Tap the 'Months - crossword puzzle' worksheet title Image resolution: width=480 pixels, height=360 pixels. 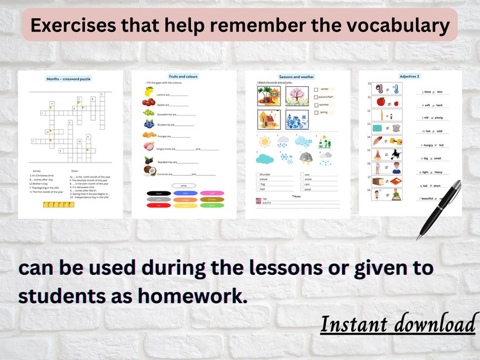(68, 79)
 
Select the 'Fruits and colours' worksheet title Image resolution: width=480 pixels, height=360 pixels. (183, 77)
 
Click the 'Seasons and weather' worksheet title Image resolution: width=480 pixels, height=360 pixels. (296, 77)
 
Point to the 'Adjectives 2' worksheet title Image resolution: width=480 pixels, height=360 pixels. (409, 77)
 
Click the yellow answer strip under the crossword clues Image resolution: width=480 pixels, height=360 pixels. (59, 204)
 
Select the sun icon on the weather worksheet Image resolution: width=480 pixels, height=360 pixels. (264, 141)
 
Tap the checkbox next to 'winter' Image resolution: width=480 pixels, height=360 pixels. (316, 89)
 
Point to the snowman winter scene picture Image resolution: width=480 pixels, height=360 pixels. (297, 120)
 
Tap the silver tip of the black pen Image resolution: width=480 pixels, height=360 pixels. (419, 237)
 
